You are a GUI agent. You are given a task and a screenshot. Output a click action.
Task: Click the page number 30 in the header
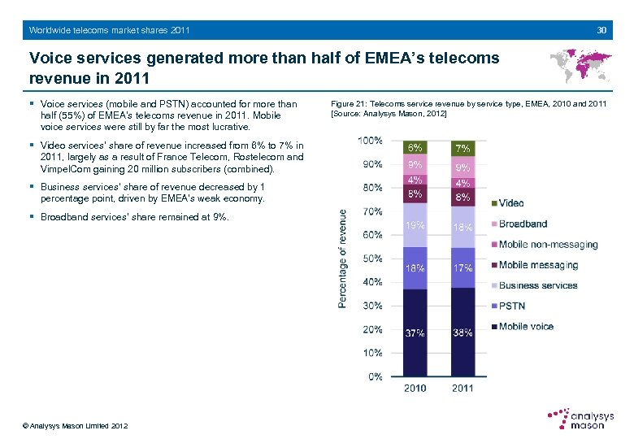tap(601, 30)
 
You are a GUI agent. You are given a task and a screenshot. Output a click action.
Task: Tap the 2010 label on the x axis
tap(415, 389)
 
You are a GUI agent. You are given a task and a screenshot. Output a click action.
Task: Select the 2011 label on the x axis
tap(462, 389)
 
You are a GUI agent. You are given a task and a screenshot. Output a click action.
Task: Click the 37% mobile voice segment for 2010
tap(415, 333)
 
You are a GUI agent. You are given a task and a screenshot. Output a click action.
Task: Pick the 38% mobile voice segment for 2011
tap(462, 333)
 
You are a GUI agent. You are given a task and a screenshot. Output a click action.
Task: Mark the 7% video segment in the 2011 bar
tap(462, 149)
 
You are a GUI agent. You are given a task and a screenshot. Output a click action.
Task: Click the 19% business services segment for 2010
tap(415, 225)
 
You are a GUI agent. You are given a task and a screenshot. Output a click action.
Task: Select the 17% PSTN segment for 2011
tap(462, 268)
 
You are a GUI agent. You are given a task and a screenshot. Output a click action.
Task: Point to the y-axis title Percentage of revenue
tap(344, 259)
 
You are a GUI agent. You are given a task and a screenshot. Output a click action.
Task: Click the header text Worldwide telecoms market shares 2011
tap(110, 30)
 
